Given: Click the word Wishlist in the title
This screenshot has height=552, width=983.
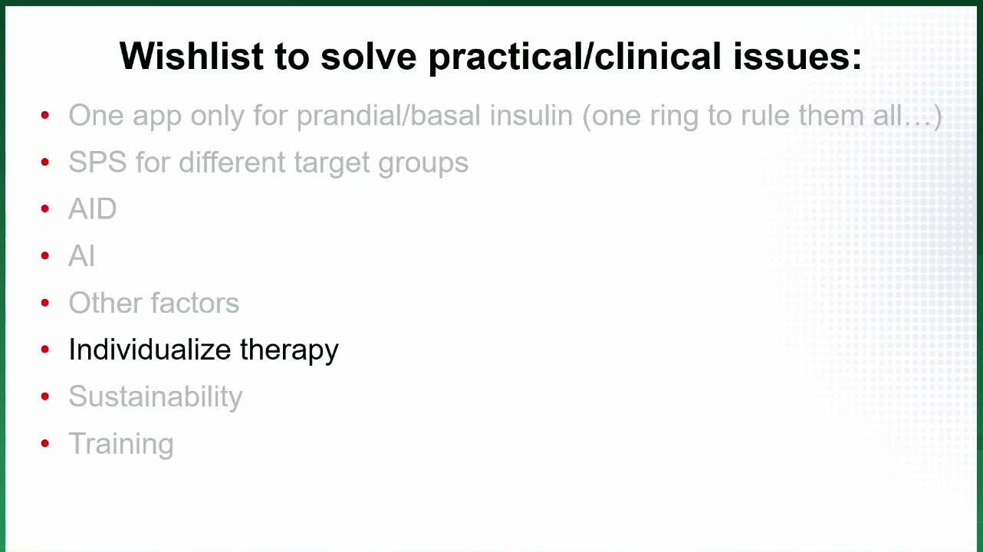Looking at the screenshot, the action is click(x=192, y=56).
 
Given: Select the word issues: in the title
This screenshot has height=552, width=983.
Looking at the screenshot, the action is click(x=797, y=57).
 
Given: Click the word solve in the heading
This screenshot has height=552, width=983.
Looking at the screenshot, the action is click(x=368, y=56).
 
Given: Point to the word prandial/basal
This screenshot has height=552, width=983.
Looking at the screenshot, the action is click(x=389, y=117).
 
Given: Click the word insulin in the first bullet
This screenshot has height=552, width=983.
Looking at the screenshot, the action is click(x=531, y=115).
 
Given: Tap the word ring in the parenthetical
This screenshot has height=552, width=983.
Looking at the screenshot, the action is click(x=674, y=117).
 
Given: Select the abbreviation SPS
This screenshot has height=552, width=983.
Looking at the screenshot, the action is click(x=97, y=162).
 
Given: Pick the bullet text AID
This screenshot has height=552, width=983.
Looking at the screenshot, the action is click(x=93, y=209).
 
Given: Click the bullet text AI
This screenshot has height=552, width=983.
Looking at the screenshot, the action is click(x=81, y=255).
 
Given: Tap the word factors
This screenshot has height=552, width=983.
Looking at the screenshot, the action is click(x=196, y=303).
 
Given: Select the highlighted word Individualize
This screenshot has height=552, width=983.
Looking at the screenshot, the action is click(x=150, y=350).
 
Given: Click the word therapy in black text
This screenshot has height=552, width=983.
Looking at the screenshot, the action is click(x=289, y=351).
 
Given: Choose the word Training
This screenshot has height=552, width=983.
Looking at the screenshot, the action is click(x=121, y=445).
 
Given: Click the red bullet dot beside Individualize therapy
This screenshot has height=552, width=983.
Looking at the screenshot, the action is click(x=44, y=350).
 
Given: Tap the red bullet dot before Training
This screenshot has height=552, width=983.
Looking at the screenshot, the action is click(x=44, y=444).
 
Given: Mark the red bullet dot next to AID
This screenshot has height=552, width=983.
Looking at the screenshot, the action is click(x=44, y=209).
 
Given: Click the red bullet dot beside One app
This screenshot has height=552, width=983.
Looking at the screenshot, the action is click(x=44, y=116).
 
